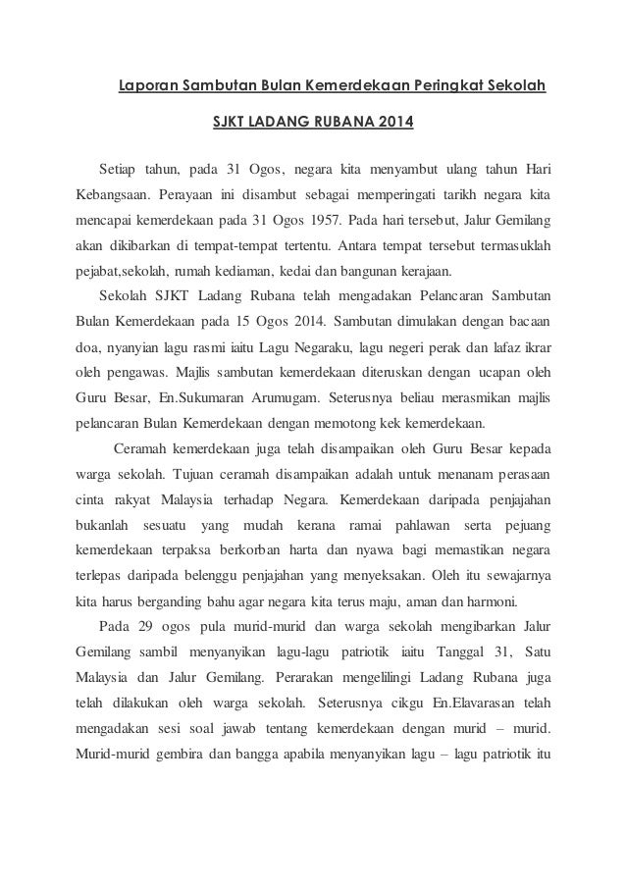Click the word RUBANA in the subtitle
[345, 124]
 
